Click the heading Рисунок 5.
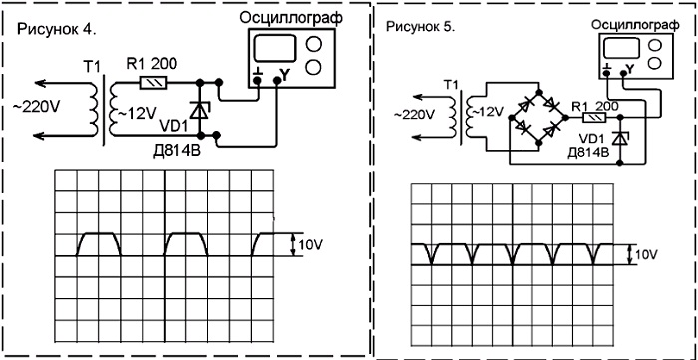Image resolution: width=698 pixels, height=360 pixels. click(x=421, y=27)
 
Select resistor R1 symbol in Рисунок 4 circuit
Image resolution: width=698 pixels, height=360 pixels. click(x=154, y=83)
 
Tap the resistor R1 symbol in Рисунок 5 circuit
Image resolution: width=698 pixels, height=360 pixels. click(x=595, y=118)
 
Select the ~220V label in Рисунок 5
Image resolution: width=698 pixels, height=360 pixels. click(x=414, y=114)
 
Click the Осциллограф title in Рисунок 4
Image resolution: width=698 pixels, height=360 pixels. click(x=291, y=18)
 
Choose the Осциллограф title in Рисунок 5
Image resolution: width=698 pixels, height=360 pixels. click(x=636, y=25)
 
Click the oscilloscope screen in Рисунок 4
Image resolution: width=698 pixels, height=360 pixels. click(x=274, y=48)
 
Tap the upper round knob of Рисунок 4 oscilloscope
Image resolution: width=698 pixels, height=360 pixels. click(x=314, y=44)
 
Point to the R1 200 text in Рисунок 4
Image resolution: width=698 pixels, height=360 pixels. click(x=152, y=65)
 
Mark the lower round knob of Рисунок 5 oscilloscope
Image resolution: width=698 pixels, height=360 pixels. click(x=654, y=62)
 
